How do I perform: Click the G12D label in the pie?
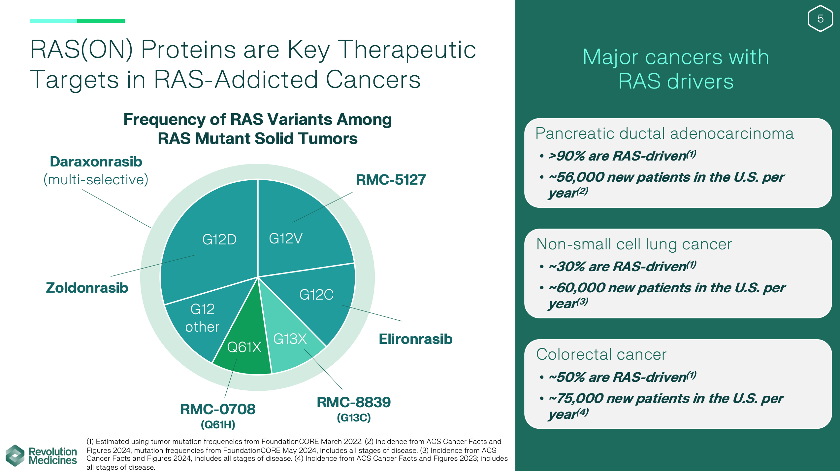coord(219,239)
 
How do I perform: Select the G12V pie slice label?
coord(285,238)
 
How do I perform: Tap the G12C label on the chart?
coord(316,295)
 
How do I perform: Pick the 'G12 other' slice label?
coord(202,318)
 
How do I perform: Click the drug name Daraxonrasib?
coord(96,162)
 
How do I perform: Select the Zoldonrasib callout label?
coord(87,288)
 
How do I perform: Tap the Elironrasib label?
coord(415,339)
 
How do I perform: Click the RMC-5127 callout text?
coord(391,180)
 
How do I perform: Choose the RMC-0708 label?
coord(218,409)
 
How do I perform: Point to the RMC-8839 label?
coord(354,402)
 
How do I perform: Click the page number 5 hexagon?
coord(820,18)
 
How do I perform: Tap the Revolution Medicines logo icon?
coord(15,455)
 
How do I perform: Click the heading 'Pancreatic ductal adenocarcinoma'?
coord(664,133)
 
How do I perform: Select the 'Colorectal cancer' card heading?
coord(601,354)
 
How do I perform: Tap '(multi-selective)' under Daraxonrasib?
coord(96,180)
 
